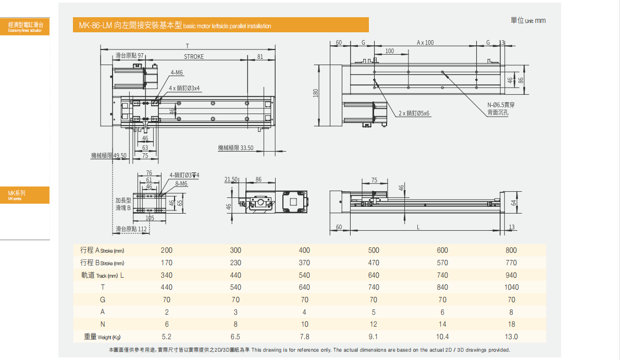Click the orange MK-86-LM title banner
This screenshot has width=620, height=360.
220,25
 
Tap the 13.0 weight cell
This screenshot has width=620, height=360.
511,337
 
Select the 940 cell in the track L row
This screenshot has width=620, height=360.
511,275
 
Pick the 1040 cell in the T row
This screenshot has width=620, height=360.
511,287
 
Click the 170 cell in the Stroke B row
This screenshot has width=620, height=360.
167,263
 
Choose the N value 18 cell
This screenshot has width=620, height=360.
511,324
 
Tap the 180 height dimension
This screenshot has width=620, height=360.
315,93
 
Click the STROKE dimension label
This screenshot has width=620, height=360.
194,57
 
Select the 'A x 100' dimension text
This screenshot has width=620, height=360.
425,43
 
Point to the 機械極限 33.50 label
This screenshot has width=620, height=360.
235,148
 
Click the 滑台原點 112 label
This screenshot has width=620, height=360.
131,229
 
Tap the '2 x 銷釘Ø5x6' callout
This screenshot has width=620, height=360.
414,113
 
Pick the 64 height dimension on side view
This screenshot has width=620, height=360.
513,203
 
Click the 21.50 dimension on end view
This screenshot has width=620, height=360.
231,179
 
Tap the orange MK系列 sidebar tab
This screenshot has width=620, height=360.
25,195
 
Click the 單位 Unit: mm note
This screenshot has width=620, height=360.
528,20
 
